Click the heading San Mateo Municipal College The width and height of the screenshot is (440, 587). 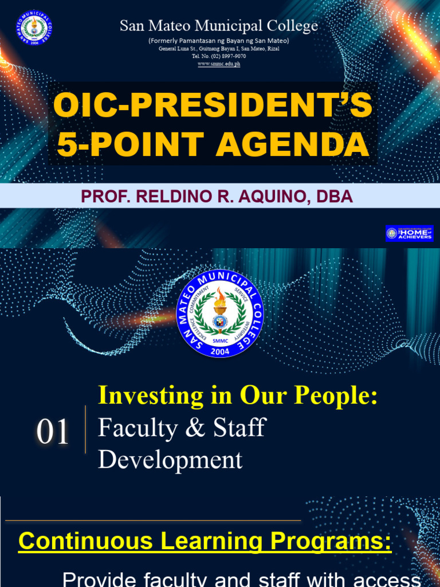218,26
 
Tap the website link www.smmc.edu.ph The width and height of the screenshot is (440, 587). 219,64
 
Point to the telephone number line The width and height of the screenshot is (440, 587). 219,56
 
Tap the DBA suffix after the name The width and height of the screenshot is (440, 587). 337,197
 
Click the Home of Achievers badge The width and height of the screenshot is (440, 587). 410,233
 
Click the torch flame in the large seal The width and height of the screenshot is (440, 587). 220,298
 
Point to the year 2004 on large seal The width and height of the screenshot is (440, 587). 220,351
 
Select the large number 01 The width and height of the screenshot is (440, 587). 53,432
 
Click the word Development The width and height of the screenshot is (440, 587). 170,460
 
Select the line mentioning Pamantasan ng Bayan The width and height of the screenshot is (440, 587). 219,41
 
